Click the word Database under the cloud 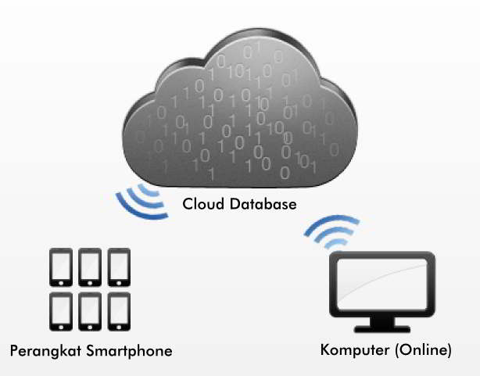coord(261,205)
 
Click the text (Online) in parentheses coord(423,349)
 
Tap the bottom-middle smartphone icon coord(89,312)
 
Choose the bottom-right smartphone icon coord(119,312)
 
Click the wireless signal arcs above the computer coord(331,231)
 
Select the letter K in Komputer coord(326,349)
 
